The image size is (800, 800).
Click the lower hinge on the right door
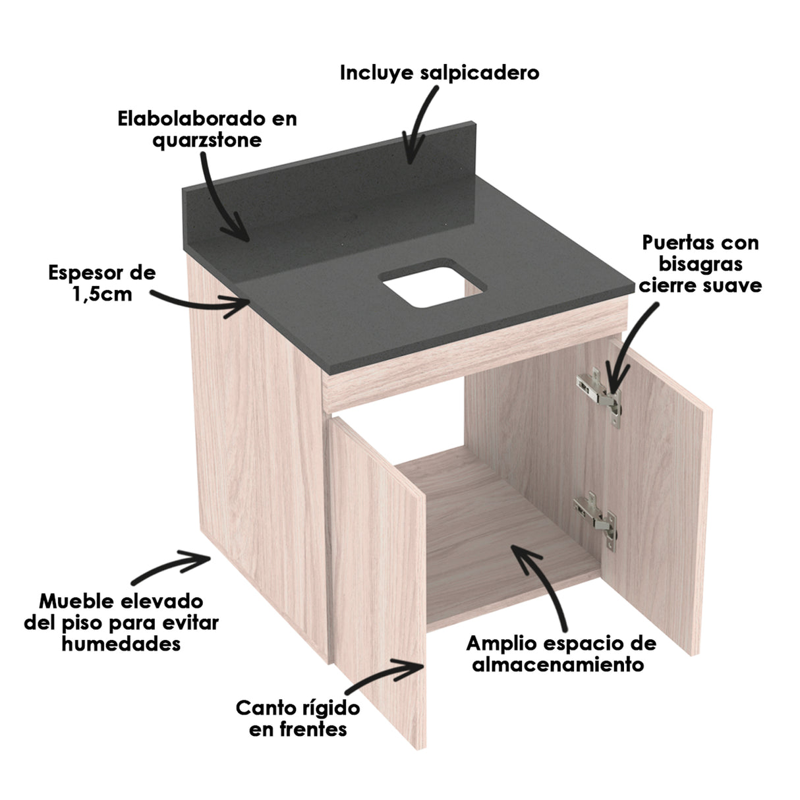[x=595, y=517]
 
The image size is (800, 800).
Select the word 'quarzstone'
[x=207, y=140]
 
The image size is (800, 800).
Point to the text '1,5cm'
[x=102, y=293]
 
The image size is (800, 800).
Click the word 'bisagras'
[x=700, y=264]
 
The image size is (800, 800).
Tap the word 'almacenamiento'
[x=558, y=664]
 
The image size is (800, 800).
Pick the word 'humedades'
[x=121, y=643]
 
